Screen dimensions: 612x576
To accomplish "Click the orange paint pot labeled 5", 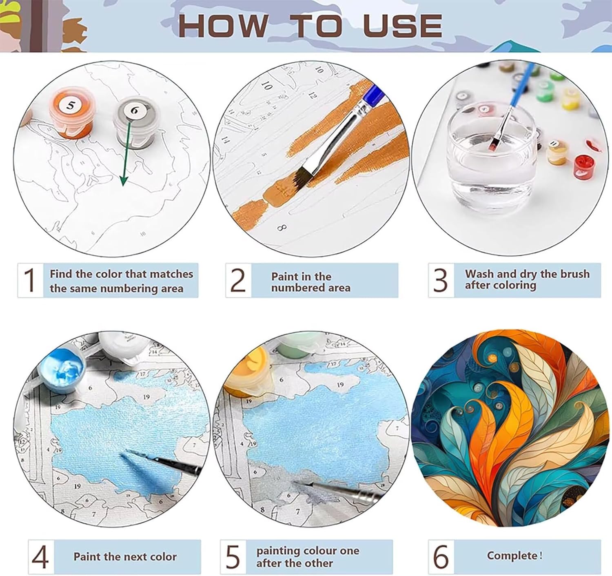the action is click(71, 113).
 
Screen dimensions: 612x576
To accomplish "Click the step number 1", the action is click(30, 280).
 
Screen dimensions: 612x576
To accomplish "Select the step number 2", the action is click(238, 280).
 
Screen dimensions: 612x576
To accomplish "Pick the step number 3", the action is click(440, 280).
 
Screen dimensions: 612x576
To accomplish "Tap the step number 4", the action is click(40, 557).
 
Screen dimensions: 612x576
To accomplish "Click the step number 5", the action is click(233, 557).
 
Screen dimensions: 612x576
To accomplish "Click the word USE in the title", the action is click(403, 26).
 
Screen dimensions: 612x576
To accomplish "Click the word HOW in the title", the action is click(223, 26).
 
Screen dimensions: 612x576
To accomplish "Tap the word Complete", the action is click(512, 556).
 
